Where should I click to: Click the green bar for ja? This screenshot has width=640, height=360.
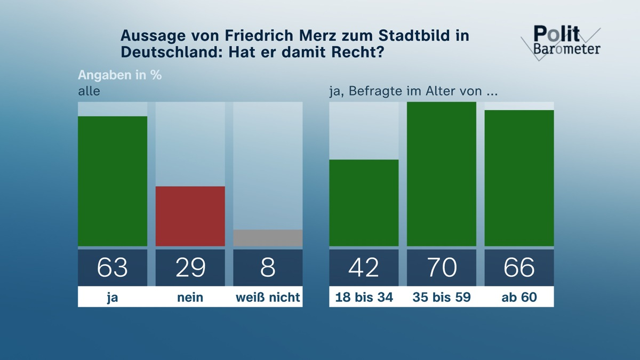(x=113, y=181)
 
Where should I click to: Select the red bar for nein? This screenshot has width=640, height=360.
(x=190, y=216)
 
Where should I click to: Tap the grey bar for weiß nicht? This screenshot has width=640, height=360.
(x=268, y=238)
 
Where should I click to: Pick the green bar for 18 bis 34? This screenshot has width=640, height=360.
(x=364, y=203)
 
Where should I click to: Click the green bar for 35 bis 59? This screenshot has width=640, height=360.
(x=442, y=174)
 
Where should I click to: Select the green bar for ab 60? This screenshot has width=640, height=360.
(x=519, y=178)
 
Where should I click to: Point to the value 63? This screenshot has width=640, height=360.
(x=113, y=267)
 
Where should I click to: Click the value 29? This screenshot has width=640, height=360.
(x=190, y=267)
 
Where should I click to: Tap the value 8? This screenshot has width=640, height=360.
(x=268, y=267)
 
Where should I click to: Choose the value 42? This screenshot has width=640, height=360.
(x=364, y=267)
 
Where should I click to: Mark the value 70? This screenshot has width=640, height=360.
(x=442, y=267)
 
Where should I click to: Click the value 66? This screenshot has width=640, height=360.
(x=519, y=267)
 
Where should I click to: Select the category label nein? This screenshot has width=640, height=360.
(x=190, y=298)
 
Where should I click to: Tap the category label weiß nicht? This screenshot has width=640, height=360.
(x=268, y=298)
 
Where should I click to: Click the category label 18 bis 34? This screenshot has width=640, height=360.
(x=364, y=298)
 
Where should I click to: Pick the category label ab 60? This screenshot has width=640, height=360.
(x=519, y=298)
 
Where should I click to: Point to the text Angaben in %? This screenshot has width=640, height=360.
(x=119, y=75)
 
